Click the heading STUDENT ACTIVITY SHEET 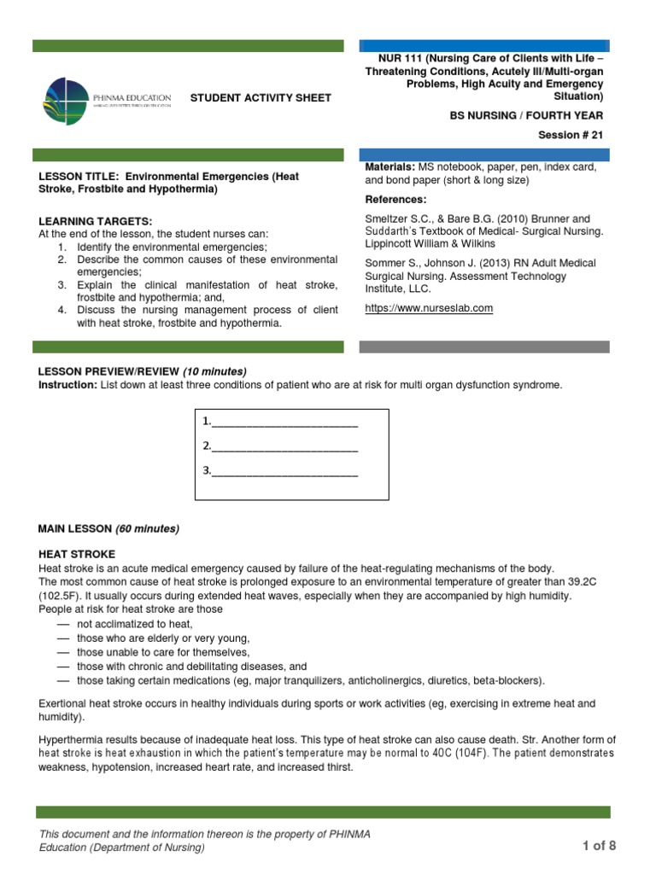[260, 98]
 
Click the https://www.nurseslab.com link [429, 308]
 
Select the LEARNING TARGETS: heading [96, 221]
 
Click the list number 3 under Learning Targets [61, 284]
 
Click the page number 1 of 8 [598, 846]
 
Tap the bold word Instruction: [67, 385]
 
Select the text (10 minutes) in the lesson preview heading [214, 371]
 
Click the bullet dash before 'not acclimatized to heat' [62, 625]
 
